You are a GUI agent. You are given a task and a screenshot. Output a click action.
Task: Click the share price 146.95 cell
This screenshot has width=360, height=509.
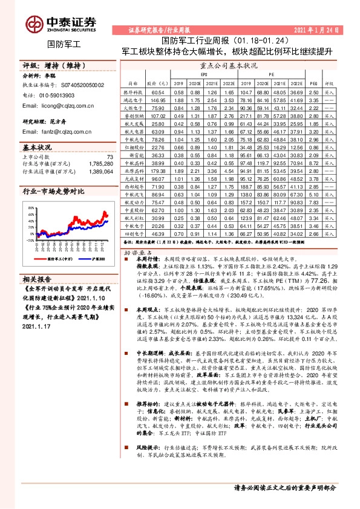click(159, 100)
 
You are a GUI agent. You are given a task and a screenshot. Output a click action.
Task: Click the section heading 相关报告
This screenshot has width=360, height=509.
click(38, 278)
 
